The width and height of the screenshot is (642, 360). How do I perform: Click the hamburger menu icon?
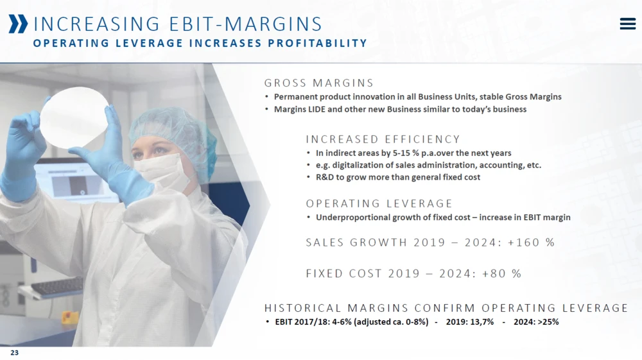click(x=627, y=24)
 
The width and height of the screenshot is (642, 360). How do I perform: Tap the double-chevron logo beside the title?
click(x=19, y=24)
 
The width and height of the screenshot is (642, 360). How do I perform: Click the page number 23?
click(x=14, y=353)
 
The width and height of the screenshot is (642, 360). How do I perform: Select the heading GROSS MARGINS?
click(x=318, y=83)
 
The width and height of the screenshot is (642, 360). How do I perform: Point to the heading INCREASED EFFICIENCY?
click(x=383, y=139)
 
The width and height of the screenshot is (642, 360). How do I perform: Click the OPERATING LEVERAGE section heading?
click(x=379, y=203)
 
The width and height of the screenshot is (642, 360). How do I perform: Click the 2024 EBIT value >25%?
click(x=548, y=322)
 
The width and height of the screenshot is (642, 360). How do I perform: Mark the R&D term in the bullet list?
click(x=325, y=177)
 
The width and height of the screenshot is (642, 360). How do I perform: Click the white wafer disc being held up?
click(x=74, y=117)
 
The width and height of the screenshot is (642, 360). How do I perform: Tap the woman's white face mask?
click(x=160, y=170)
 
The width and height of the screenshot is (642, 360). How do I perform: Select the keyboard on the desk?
click(x=57, y=287)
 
